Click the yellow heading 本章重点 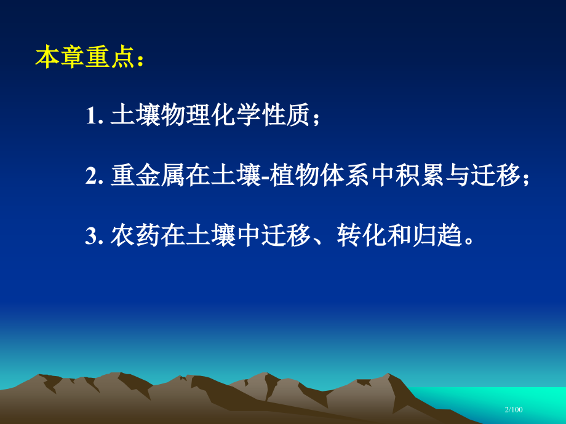85,57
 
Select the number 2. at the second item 95,176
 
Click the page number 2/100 513,409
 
